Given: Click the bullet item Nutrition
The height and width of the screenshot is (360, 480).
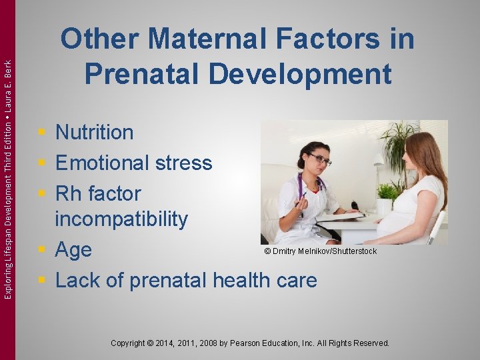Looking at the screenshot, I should click(94, 132).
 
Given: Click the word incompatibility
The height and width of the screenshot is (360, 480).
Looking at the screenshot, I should click(121, 218).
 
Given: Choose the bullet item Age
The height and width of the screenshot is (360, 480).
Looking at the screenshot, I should click(73, 250).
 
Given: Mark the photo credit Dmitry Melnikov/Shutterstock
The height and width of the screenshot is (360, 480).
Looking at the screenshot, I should click(320, 251).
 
